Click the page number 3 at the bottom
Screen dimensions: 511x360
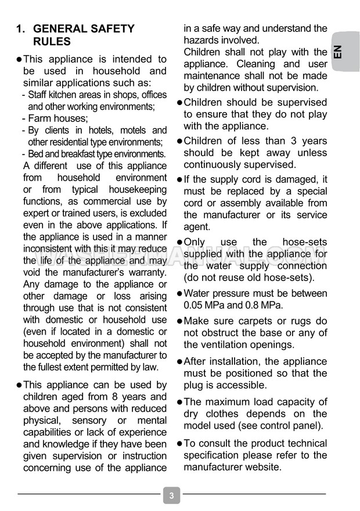click(x=171, y=496)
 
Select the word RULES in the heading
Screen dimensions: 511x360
click(x=52, y=42)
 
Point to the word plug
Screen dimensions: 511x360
click(x=193, y=385)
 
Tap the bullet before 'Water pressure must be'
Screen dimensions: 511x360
click(x=179, y=293)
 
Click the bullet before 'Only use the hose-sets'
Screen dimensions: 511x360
click(x=179, y=242)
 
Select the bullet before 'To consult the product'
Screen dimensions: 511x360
click(x=179, y=443)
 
